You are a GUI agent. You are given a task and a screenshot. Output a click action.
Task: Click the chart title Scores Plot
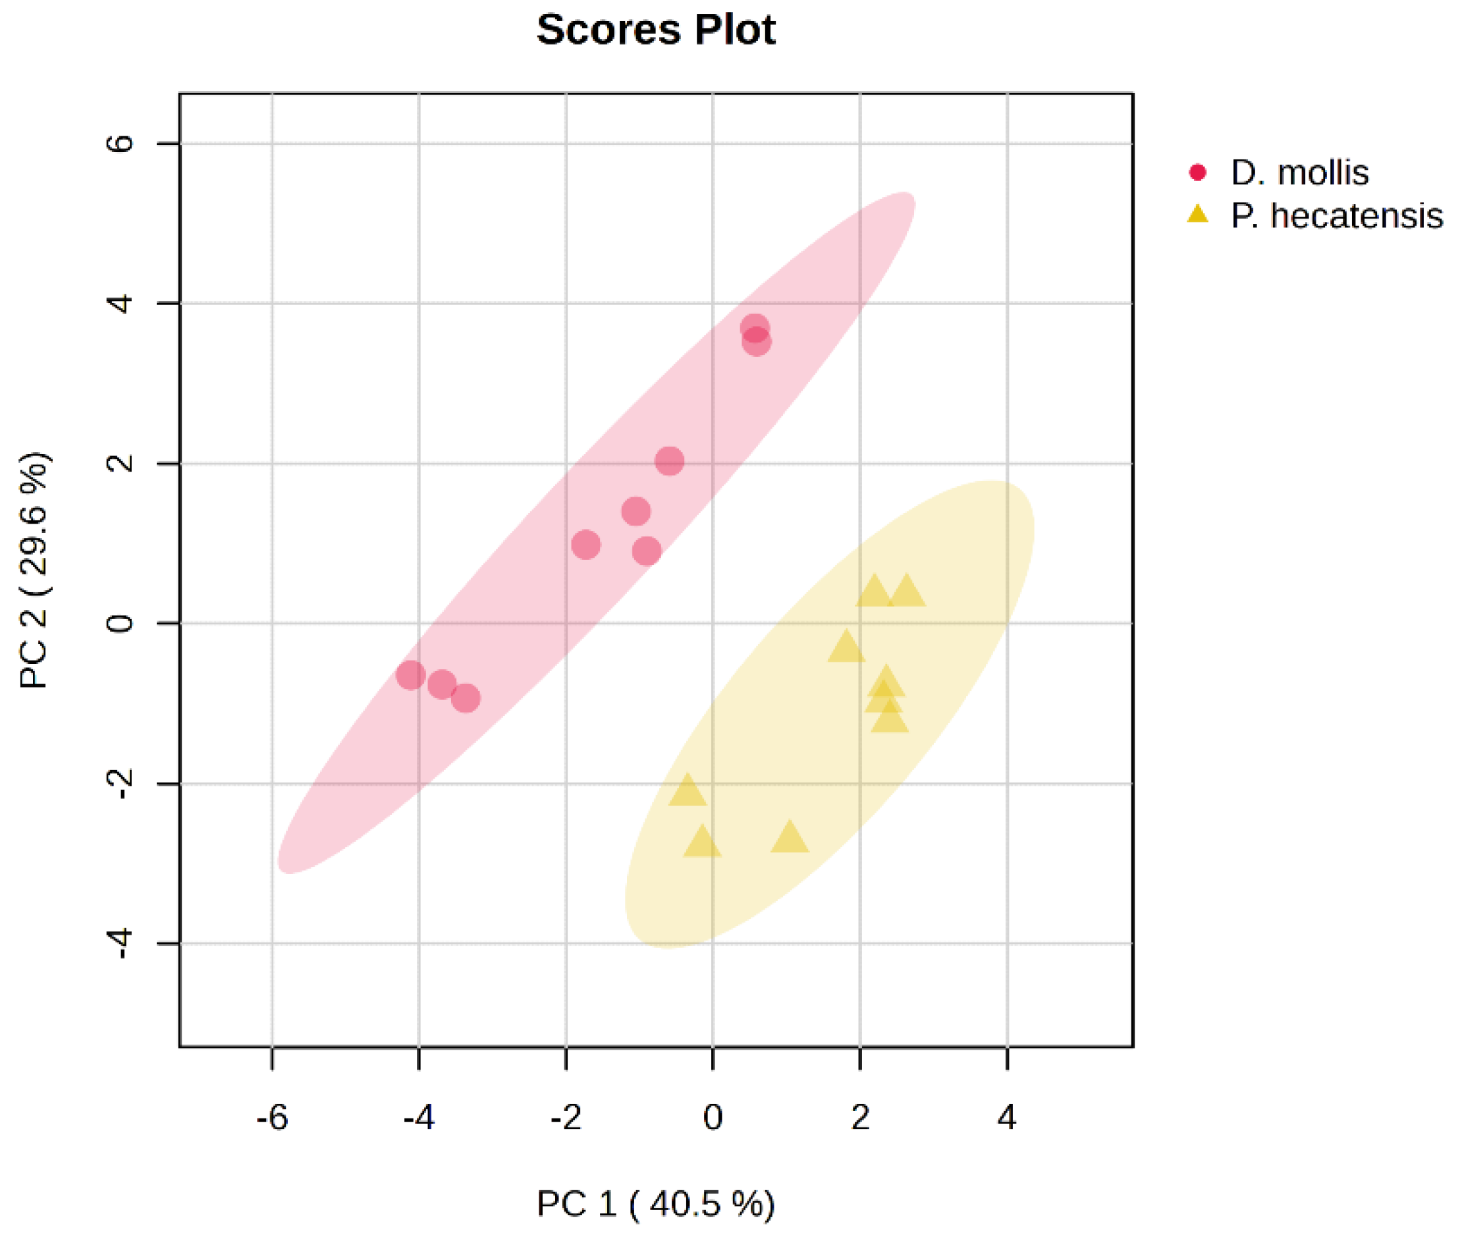point(655,30)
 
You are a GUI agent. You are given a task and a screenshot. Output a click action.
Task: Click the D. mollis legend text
point(1299,173)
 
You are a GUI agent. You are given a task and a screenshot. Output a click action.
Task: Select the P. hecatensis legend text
point(1336,215)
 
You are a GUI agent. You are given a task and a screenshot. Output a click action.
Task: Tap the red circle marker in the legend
point(1197,172)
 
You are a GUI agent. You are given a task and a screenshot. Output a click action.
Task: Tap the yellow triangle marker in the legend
point(1197,214)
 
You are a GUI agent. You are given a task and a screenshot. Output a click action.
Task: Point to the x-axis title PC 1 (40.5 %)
point(655,1203)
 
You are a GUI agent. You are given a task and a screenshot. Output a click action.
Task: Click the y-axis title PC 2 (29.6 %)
point(34,570)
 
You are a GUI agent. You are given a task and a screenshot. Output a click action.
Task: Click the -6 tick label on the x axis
point(271,1117)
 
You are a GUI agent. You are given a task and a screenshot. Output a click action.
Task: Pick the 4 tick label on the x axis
point(1006,1117)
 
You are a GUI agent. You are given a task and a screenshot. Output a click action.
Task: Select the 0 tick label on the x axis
point(713,1117)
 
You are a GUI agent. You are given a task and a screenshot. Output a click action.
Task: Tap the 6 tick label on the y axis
point(121,144)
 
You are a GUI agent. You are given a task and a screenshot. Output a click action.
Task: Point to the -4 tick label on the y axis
point(121,944)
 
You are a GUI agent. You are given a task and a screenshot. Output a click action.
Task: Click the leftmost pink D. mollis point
point(410,676)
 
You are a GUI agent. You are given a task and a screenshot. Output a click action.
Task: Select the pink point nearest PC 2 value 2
point(669,460)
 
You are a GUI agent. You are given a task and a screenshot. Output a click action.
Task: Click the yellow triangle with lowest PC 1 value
point(687,791)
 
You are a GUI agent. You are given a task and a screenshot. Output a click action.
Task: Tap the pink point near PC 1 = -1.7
point(585,544)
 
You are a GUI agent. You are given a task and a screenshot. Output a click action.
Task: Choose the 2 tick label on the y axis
point(121,463)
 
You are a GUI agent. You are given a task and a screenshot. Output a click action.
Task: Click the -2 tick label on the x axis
point(566,1117)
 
